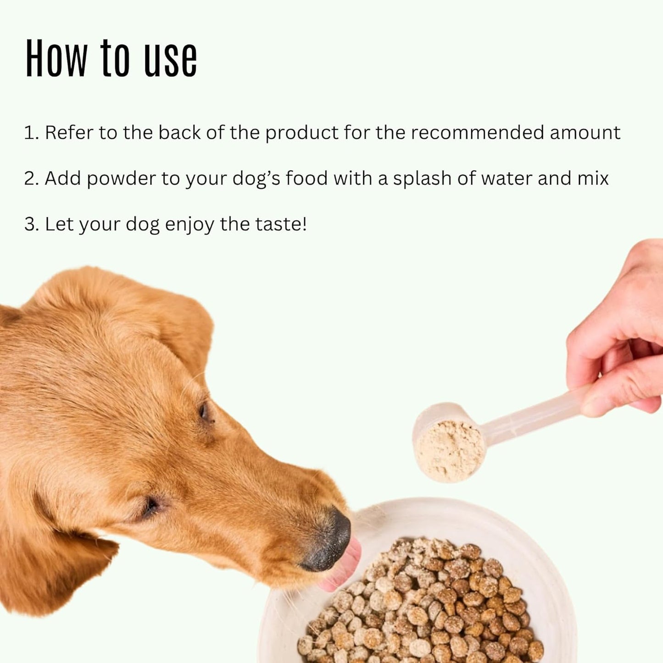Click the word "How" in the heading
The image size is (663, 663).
56,58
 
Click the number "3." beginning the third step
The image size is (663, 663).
31,224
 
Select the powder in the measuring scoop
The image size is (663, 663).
450,452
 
